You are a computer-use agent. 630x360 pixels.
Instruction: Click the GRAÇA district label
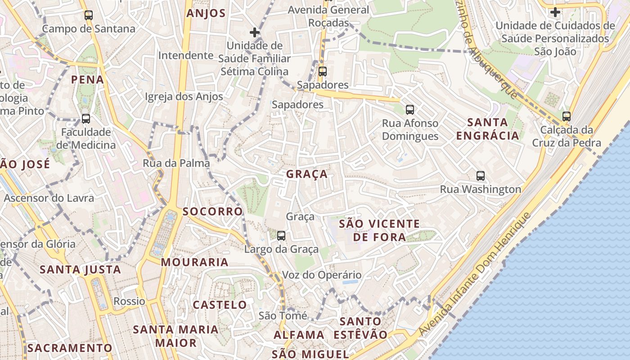click(x=307, y=174)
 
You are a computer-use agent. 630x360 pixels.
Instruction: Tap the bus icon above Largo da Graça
click(x=281, y=235)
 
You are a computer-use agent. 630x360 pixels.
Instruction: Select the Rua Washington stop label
click(x=481, y=189)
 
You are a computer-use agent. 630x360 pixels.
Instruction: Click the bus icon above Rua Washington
click(x=481, y=176)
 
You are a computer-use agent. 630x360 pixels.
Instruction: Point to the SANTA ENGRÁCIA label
click(x=488, y=129)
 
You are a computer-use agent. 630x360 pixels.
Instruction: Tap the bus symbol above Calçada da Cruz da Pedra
click(x=567, y=117)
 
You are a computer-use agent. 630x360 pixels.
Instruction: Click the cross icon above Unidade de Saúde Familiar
click(x=255, y=32)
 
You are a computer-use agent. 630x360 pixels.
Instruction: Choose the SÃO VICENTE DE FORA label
click(x=379, y=230)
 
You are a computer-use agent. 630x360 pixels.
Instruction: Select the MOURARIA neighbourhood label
click(x=195, y=262)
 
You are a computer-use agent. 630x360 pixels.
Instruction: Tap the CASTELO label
click(x=220, y=305)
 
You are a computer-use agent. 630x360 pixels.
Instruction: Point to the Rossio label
click(x=130, y=301)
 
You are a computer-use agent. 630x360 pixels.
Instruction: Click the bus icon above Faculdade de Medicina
click(x=86, y=119)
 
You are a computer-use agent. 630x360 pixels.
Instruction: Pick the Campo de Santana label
click(x=89, y=29)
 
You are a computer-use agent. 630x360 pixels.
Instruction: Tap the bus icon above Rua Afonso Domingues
click(x=409, y=109)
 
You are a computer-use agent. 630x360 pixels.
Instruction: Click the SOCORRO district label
click(x=213, y=211)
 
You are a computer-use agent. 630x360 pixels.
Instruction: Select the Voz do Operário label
click(x=322, y=275)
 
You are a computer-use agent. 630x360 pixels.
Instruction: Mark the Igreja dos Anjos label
click(x=184, y=96)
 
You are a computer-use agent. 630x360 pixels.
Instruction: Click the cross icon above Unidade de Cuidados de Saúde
click(x=555, y=12)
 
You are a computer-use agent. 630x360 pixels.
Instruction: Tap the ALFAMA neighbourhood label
click(x=299, y=335)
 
